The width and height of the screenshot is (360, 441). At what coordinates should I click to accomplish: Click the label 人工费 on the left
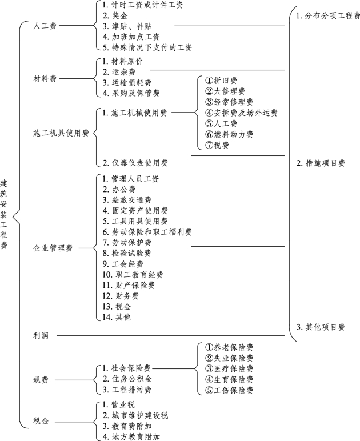[45, 26]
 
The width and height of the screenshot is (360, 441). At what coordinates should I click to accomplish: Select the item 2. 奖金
[115, 15]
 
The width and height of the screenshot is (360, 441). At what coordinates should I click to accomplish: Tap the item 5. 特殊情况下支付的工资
[147, 47]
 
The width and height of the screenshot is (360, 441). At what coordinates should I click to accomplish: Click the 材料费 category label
[45, 78]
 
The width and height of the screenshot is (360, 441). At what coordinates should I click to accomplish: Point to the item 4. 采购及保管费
[131, 93]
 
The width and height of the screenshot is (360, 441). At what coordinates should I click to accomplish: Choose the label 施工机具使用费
[61, 133]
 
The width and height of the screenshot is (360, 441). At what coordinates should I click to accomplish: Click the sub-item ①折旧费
[221, 81]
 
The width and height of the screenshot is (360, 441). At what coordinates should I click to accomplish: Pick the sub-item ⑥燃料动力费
[229, 134]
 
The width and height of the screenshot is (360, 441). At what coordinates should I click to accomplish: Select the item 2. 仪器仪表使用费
[135, 163]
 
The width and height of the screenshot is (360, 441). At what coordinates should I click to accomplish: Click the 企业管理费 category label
[53, 248]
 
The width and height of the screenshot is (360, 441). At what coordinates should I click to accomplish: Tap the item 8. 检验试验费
[127, 253]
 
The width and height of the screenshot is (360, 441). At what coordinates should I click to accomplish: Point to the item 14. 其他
[117, 317]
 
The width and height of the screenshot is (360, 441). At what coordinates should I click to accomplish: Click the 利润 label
[41, 335]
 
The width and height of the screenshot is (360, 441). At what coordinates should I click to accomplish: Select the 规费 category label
[41, 380]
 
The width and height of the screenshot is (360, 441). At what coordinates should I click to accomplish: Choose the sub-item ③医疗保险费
[229, 368]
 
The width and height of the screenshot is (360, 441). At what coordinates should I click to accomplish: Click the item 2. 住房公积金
[127, 379]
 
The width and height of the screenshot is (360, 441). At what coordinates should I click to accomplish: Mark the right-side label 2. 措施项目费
[321, 163]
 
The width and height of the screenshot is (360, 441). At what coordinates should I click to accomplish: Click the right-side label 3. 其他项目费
[321, 327]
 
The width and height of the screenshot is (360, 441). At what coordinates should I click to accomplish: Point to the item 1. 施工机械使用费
[135, 113]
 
